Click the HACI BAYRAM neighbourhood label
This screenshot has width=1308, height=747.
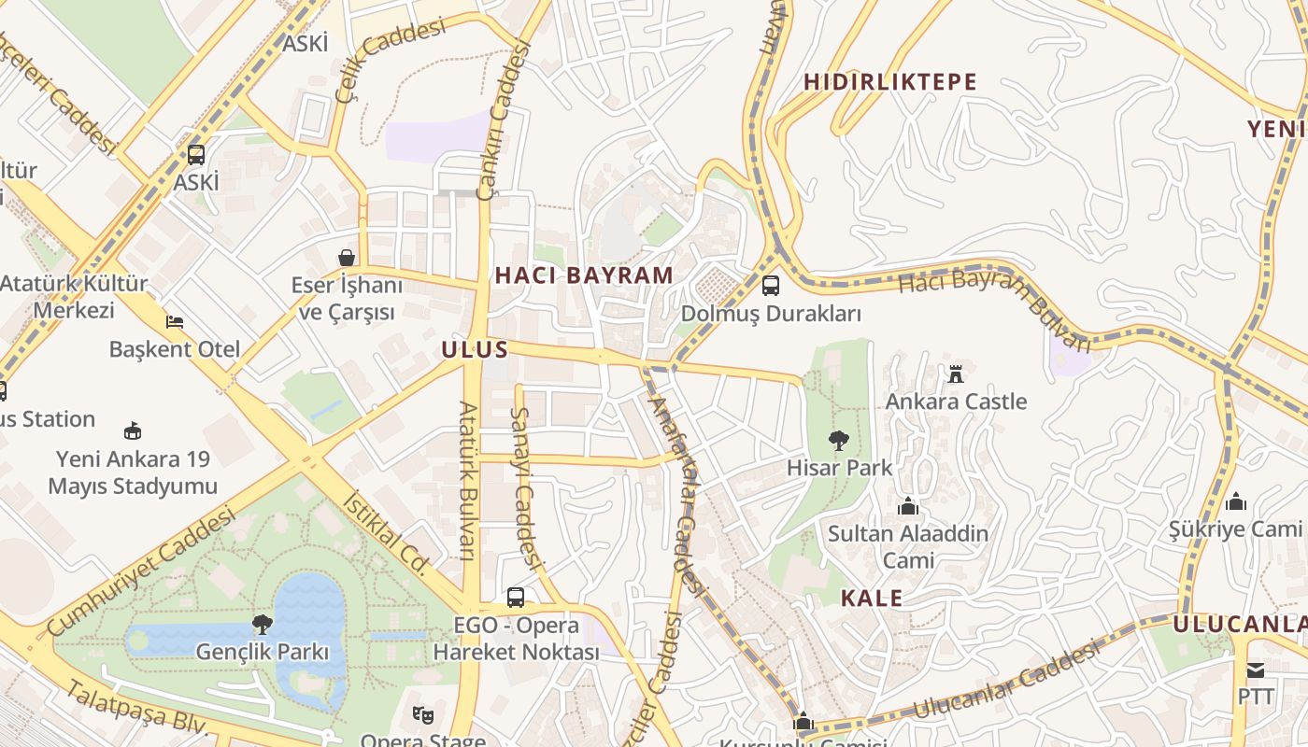(584, 275)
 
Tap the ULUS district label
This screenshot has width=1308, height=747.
(476, 350)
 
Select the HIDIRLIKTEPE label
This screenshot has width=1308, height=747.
(890, 82)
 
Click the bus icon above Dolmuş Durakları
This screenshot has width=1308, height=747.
(771, 286)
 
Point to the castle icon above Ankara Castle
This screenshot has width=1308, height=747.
(956, 374)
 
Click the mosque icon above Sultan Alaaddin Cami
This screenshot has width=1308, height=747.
(907, 507)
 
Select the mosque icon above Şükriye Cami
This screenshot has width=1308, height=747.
(1236, 502)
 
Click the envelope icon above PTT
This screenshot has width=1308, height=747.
(1255, 670)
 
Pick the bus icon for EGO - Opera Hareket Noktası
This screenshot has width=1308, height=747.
(515, 598)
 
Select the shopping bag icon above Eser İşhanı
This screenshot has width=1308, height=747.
(347, 257)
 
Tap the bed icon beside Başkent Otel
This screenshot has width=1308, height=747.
(175, 322)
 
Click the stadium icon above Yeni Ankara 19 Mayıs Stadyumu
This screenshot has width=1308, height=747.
(133, 431)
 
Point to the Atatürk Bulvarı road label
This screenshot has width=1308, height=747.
(467, 481)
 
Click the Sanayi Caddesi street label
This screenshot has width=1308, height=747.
(527, 487)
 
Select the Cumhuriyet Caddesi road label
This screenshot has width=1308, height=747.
(140, 571)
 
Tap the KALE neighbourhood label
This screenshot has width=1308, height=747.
(871, 599)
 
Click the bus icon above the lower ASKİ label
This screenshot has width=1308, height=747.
(196, 155)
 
